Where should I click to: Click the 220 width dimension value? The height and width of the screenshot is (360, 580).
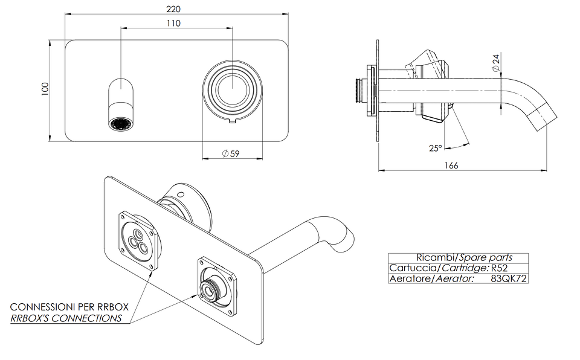[173, 8]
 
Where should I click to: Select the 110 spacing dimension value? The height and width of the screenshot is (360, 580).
[173, 24]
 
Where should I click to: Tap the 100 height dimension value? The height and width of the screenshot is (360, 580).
[45, 89]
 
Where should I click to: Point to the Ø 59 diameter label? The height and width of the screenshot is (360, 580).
[231, 153]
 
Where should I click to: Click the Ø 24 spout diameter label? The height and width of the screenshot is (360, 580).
[495, 63]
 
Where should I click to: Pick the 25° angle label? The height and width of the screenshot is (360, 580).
[436, 148]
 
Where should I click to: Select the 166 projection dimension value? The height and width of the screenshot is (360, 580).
[451, 166]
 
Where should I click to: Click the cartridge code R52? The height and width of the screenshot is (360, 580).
[500, 268]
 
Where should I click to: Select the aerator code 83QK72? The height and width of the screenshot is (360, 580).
[509, 278]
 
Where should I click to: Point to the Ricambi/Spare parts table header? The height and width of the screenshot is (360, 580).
[464, 257]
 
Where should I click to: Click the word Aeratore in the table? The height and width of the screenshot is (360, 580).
[410, 278]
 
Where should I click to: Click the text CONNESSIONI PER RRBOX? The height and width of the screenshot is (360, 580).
[69, 307]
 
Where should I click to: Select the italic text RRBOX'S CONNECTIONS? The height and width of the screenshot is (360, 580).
[66, 318]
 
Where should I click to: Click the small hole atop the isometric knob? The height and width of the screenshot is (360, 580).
[181, 193]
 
